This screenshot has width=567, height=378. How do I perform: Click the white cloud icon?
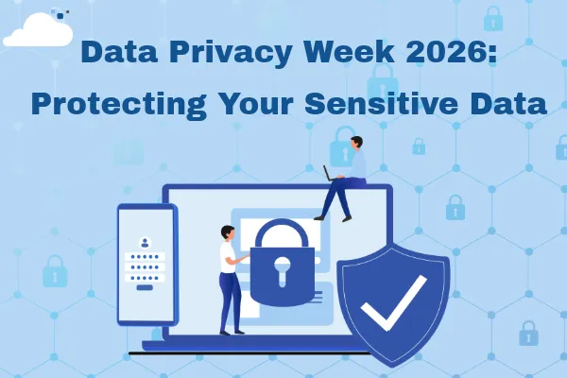click(38, 32)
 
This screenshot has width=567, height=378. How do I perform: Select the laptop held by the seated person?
click(332, 174)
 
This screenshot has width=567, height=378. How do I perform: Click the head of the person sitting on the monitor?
click(354, 143)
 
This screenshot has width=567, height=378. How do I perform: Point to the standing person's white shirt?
click(228, 257)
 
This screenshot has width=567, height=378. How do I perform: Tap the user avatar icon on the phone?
click(145, 241)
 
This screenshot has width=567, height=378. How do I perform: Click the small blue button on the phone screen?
click(145, 289)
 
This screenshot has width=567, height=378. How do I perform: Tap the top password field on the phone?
click(145, 256)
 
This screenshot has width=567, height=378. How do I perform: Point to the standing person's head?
click(225, 231)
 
